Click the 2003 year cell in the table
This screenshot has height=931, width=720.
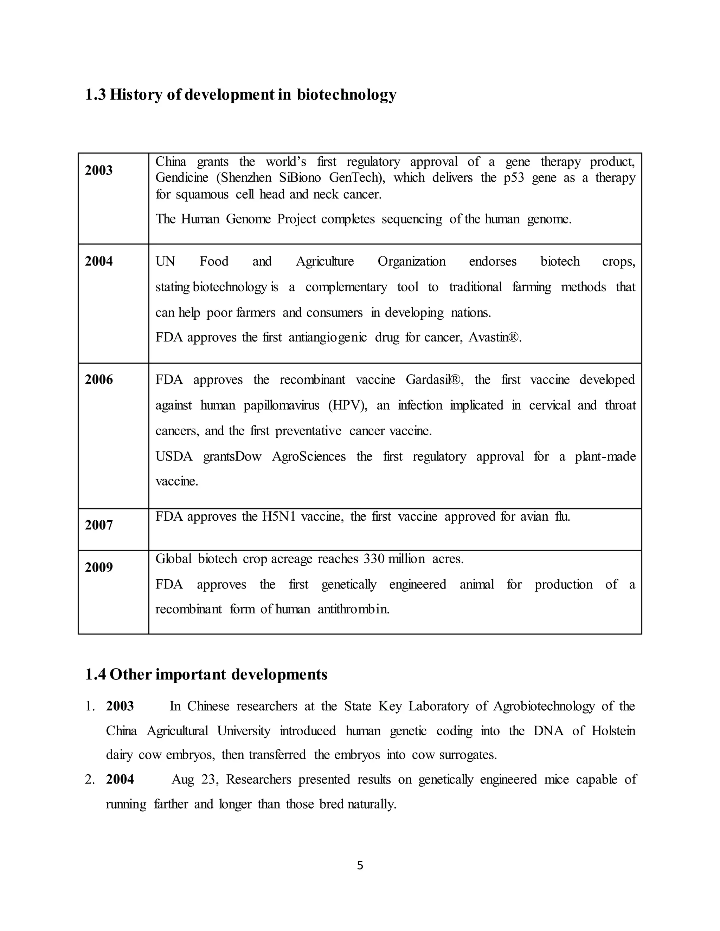click(98, 170)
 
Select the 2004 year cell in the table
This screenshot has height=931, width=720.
click(98, 261)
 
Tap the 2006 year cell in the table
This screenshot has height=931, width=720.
click(98, 380)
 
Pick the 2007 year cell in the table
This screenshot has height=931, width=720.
click(98, 525)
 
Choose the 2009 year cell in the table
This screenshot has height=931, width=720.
click(98, 567)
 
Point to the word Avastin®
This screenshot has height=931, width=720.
click(495, 338)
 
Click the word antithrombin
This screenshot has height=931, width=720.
click(354, 609)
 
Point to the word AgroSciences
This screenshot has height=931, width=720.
click(309, 457)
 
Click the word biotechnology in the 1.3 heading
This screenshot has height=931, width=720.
click(346, 95)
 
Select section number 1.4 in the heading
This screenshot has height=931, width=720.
click(95, 675)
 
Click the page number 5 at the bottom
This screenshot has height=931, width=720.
click(360, 866)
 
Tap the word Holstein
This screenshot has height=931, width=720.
click(613, 731)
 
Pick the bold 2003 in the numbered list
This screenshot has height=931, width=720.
click(120, 707)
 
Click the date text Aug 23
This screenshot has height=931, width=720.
click(195, 780)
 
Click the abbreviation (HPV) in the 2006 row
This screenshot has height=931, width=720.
click(348, 405)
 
